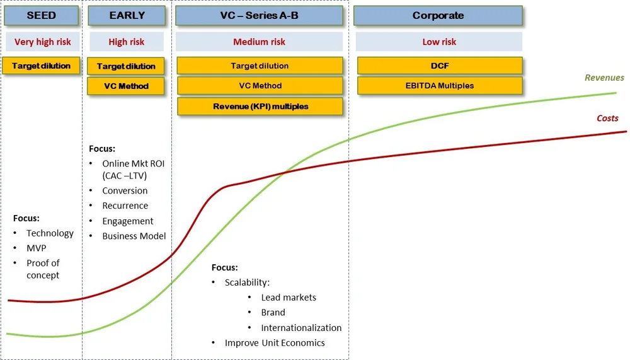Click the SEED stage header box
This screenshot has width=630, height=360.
pyautogui.click(x=42, y=16)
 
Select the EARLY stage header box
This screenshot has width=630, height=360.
pyautogui.click(x=127, y=16)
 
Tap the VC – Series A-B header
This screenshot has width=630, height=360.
pyautogui.click(x=259, y=16)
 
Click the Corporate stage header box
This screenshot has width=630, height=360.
pyautogui.click(x=438, y=16)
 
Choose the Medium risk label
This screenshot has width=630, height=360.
pyautogui.click(x=259, y=42)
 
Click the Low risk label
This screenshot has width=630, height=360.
pyautogui.click(x=439, y=42)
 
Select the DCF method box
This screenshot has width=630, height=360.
pyautogui.click(x=440, y=66)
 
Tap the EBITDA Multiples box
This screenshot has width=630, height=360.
pyautogui.click(x=440, y=85)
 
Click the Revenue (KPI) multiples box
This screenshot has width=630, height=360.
pyautogui.click(x=260, y=107)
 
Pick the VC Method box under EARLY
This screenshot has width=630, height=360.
pyautogui.click(x=126, y=86)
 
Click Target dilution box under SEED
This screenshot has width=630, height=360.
pyautogui.click(x=42, y=66)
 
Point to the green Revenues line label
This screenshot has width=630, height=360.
pyautogui.click(x=604, y=78)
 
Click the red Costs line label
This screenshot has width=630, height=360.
pyautogui.click(x=607, y=119)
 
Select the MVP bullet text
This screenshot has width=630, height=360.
pyautogui.click(x=36, y=248)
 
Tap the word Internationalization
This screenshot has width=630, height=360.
pyautogui.click(x=301, y=328)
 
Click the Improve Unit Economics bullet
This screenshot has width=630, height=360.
pyautogui.click(x=275, y=343)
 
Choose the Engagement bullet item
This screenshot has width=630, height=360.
pyautogui.click(x=128, y=221)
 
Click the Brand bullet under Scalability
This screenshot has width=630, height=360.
pyautogui.click(x=273, y=313)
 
